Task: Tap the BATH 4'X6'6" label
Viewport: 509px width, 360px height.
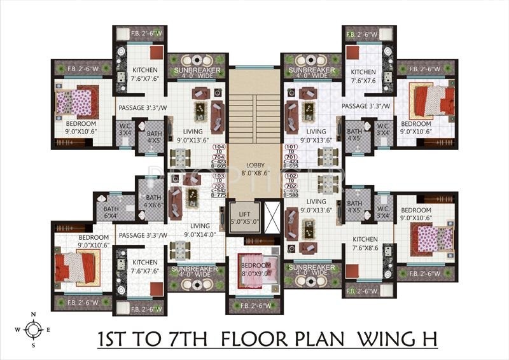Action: click(153, 201)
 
